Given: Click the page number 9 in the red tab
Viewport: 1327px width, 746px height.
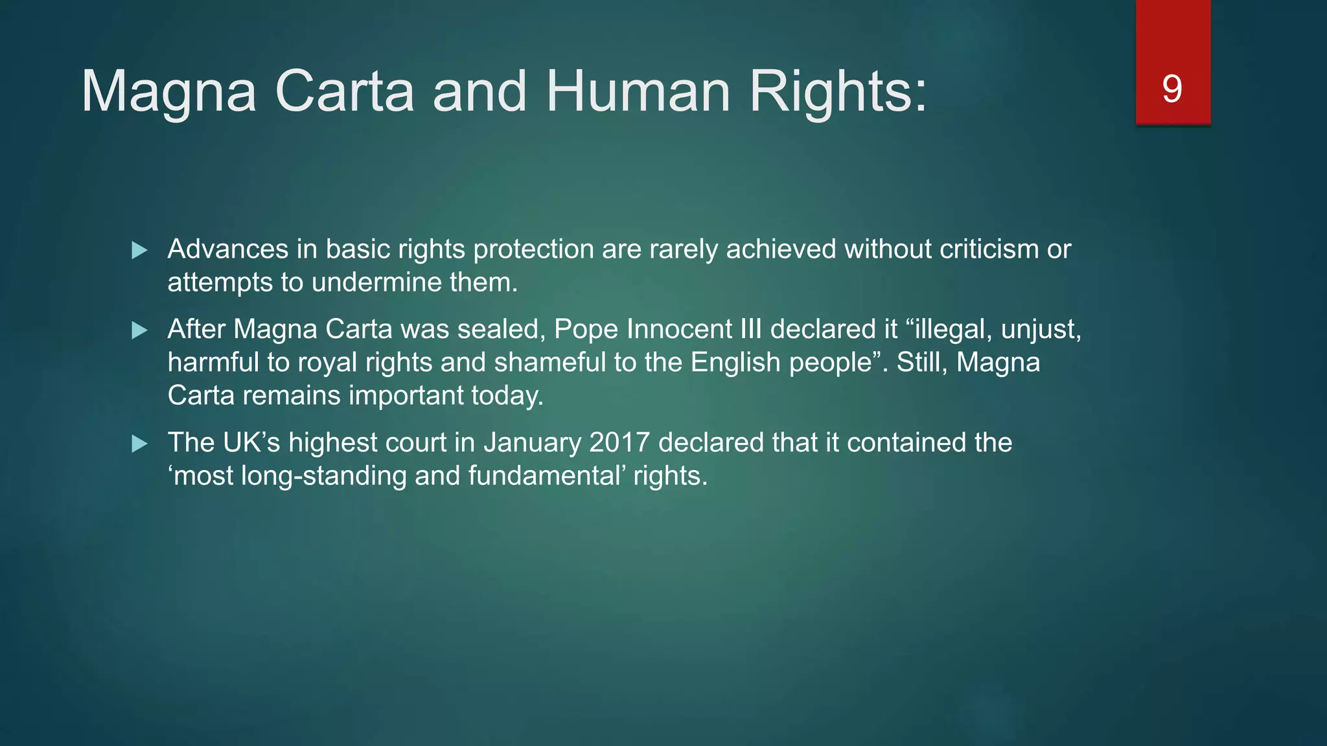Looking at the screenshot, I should click(1172, 89).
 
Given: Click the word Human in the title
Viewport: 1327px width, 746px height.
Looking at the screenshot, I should click(638, 91).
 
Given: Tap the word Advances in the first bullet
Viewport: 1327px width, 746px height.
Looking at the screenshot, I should click(228, 249).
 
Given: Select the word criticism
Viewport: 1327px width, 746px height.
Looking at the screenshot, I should click(989, 249).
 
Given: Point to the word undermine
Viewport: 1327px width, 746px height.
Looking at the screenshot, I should click(376, 282).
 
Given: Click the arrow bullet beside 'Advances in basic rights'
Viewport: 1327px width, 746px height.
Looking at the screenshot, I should click(139, 251).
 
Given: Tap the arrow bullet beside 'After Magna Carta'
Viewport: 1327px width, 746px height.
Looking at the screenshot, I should click(139, 331).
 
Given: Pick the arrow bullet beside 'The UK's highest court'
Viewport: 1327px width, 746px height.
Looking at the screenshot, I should click(139, 444).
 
